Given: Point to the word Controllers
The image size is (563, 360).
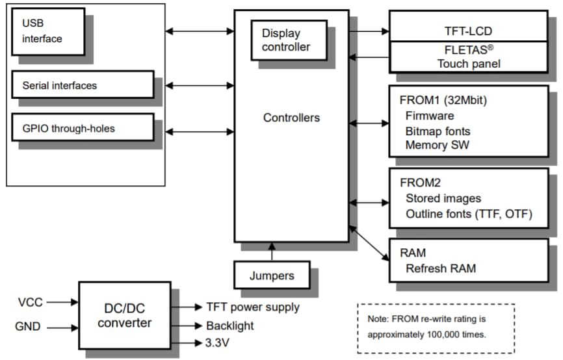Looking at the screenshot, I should [x=291, y=118].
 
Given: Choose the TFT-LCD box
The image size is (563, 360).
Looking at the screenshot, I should [x=468, y=30].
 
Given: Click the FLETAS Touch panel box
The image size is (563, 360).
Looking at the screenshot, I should [x=468, y=57].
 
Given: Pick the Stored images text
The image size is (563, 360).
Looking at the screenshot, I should [x=443, y=198].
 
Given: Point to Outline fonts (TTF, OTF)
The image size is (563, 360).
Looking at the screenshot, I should [x=469, y=214].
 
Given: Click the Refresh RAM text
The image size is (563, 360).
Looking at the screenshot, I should [x=441, y=268].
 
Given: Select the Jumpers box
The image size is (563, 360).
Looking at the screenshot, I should [x=271, y=276].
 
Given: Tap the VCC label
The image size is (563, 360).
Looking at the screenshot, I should [x=31, y=302].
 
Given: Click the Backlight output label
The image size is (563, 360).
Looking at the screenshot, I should [x=229, y=326].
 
